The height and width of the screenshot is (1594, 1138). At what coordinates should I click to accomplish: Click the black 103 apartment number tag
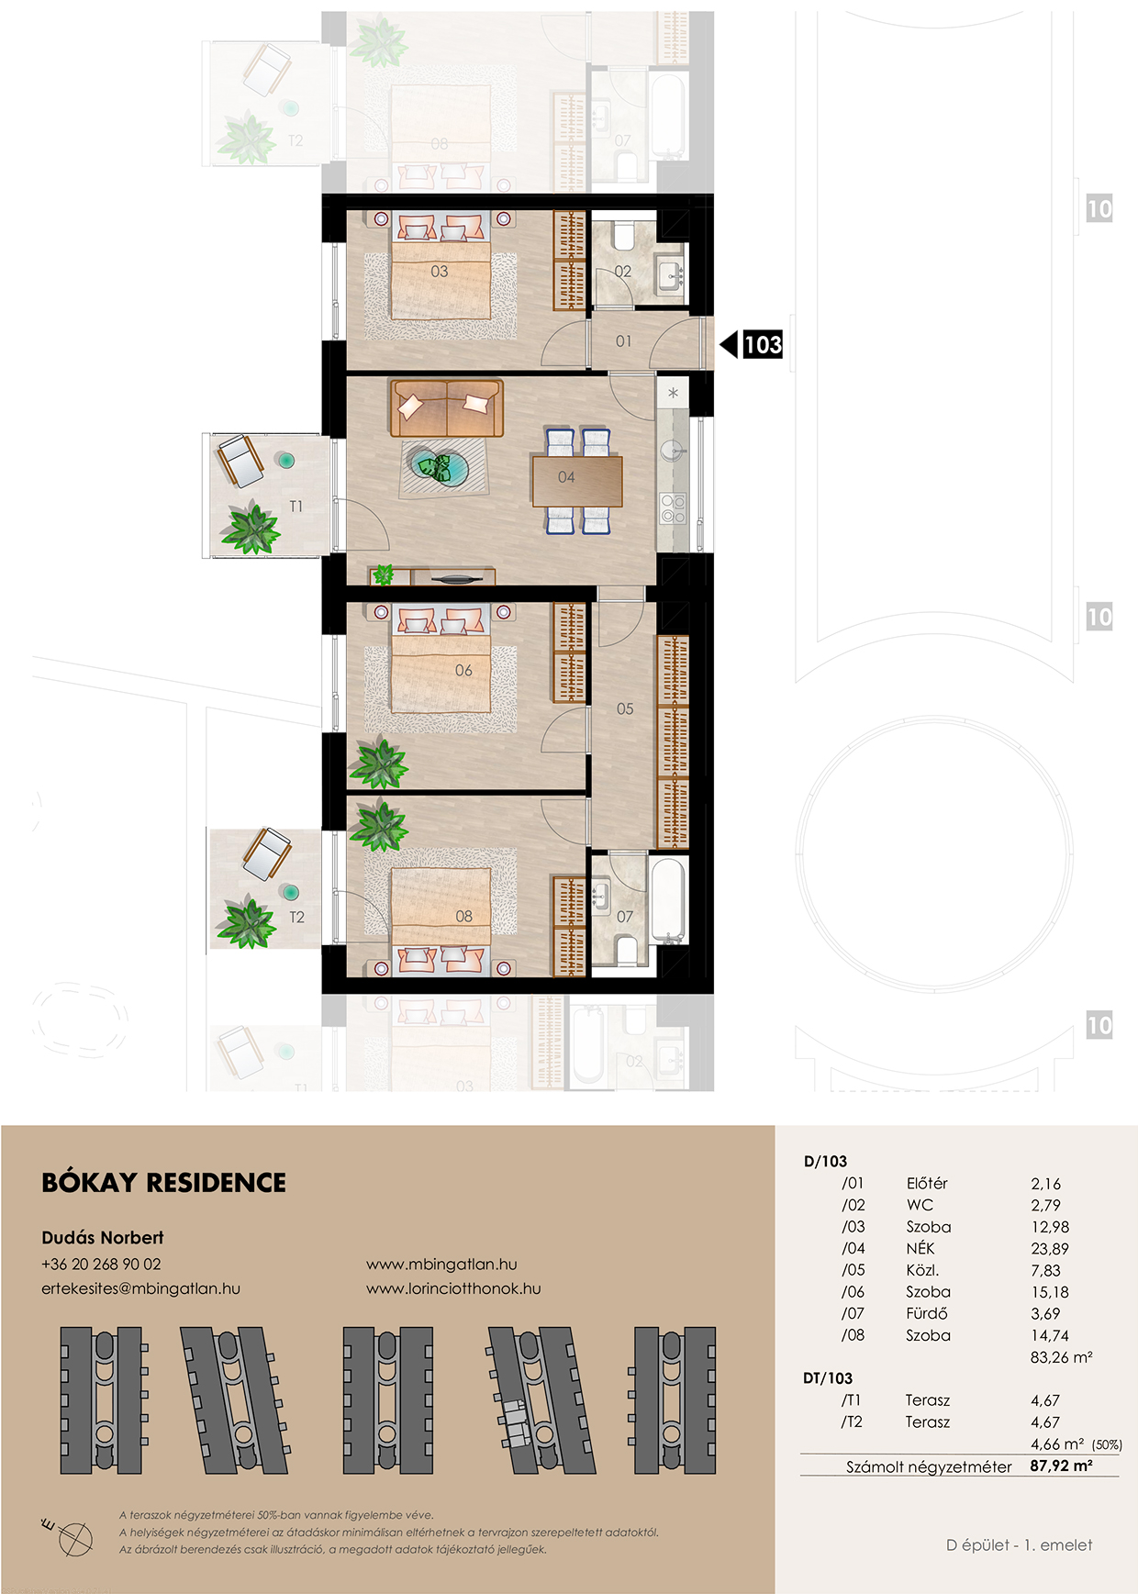click(763, 344)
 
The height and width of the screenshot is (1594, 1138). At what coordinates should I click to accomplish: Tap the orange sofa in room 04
click(447, 408)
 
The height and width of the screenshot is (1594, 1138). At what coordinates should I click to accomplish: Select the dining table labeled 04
click(577, 481)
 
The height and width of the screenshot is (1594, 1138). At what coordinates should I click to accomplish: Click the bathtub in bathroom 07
click(668, 899)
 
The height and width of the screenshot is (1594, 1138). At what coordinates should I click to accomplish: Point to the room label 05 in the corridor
click(625, 708)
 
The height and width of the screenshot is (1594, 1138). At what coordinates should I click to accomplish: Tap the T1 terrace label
click(296, 506)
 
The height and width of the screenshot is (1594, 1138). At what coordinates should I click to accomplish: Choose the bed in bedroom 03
click(440, 266)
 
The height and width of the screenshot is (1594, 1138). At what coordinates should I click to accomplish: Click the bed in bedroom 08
click(441, 920)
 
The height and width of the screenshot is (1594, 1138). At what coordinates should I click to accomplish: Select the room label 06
click(463, 671)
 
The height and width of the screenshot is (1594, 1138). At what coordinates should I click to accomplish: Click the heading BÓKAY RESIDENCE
click(164, 1182)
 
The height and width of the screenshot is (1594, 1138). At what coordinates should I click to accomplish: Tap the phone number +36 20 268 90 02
click(101, 1264)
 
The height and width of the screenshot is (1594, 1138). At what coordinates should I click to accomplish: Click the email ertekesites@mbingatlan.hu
click(140, 1288)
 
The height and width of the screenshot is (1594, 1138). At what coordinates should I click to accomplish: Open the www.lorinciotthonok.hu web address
click(453, 1288)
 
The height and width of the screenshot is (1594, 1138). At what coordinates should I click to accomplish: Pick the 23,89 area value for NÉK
click(1050, 1249)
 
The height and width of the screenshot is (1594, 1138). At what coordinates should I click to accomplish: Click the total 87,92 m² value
click(1061, 1466)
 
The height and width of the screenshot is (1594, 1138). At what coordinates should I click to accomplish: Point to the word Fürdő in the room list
click(927, 1313)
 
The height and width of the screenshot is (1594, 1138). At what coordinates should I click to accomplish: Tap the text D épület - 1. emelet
click(1019, 1545)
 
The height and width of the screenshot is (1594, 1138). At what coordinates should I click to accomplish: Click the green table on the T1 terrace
click(286, 461)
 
